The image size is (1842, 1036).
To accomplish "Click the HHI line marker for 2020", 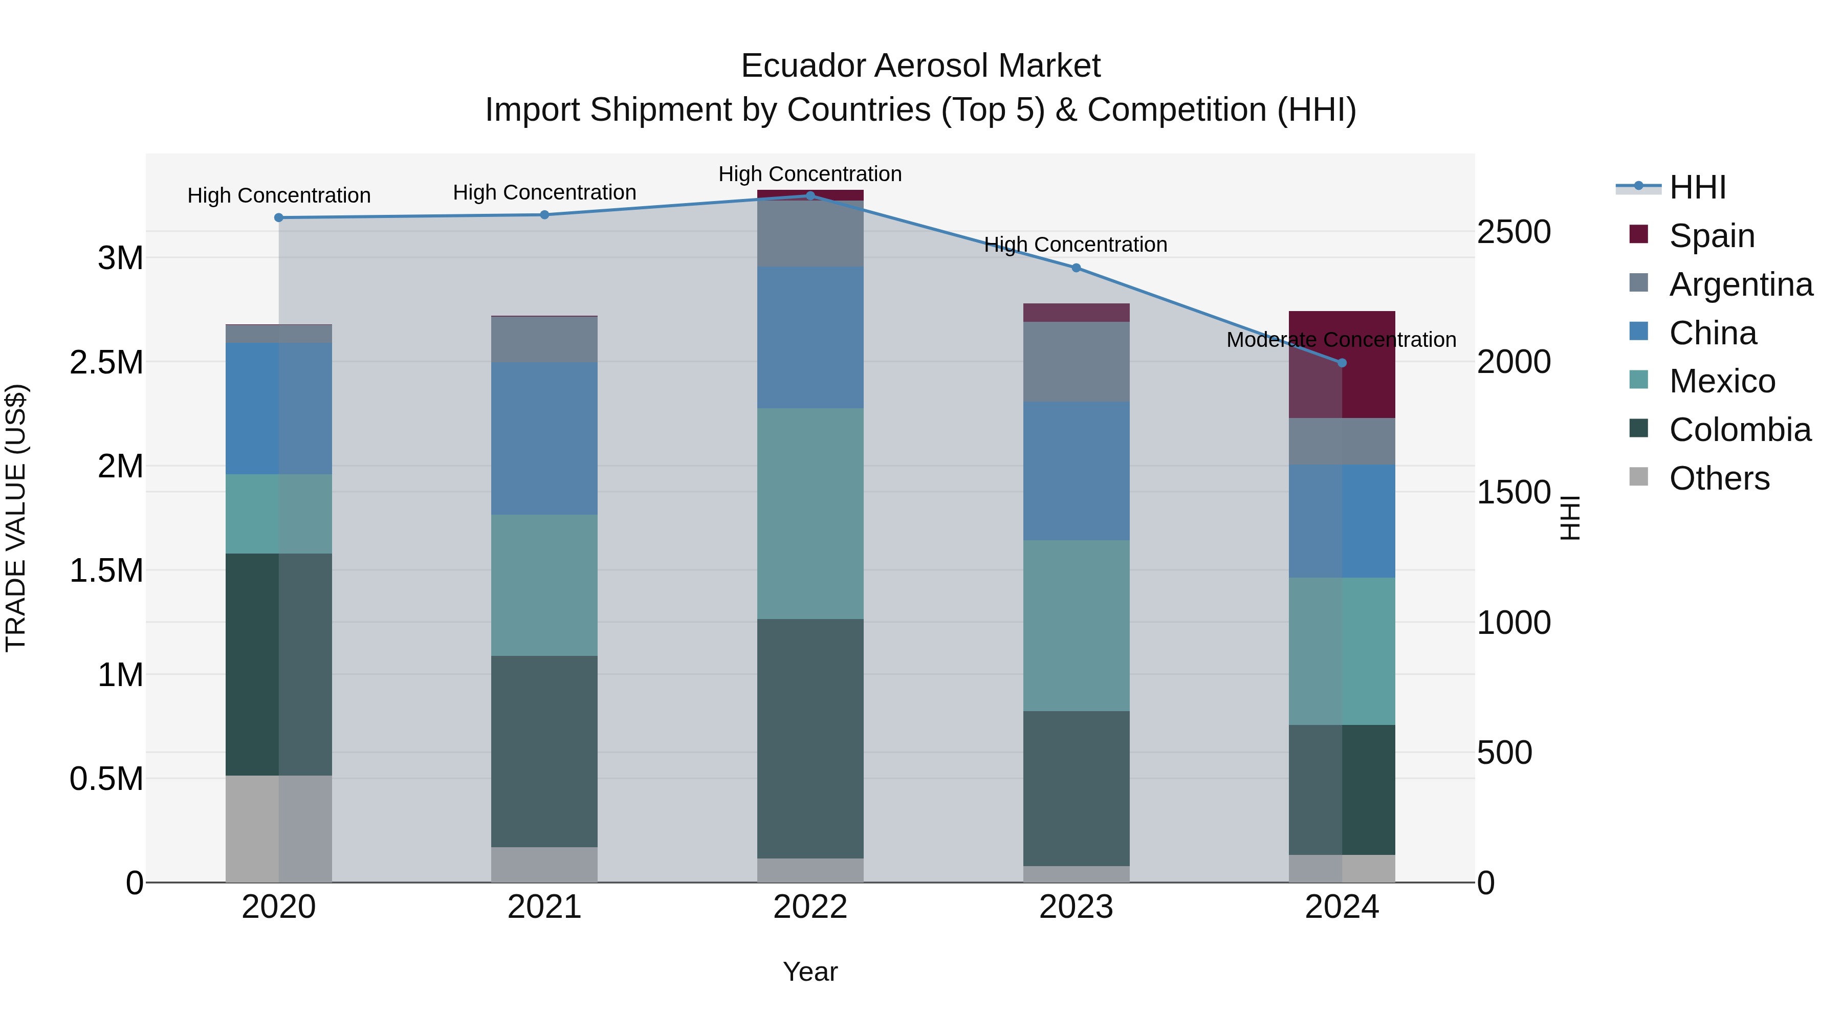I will [x=279, y=217].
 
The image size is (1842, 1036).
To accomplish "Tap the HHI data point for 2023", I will [x=1076, y=268].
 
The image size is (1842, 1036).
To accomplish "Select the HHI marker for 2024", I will [x=1342, y=363].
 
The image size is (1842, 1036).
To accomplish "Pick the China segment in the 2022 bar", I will [x=810, y=338].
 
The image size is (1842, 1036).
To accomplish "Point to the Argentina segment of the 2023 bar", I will [x=1076, y=362].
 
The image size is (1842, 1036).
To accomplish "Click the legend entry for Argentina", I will [x=1741, y=284].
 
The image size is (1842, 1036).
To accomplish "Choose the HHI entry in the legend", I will [x=1697, y=187].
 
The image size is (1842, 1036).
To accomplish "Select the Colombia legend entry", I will [x=1739, y=430].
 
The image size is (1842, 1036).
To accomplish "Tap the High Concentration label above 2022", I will [x=810, y=174].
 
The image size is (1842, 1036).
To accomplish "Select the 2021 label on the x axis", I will [x=544, y=907].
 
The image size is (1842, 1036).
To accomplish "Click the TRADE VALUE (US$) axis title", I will [x=16, y=518].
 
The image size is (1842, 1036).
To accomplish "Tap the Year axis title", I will [x=810, y=972].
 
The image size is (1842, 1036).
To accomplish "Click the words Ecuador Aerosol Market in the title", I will [x=920, y=66].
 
